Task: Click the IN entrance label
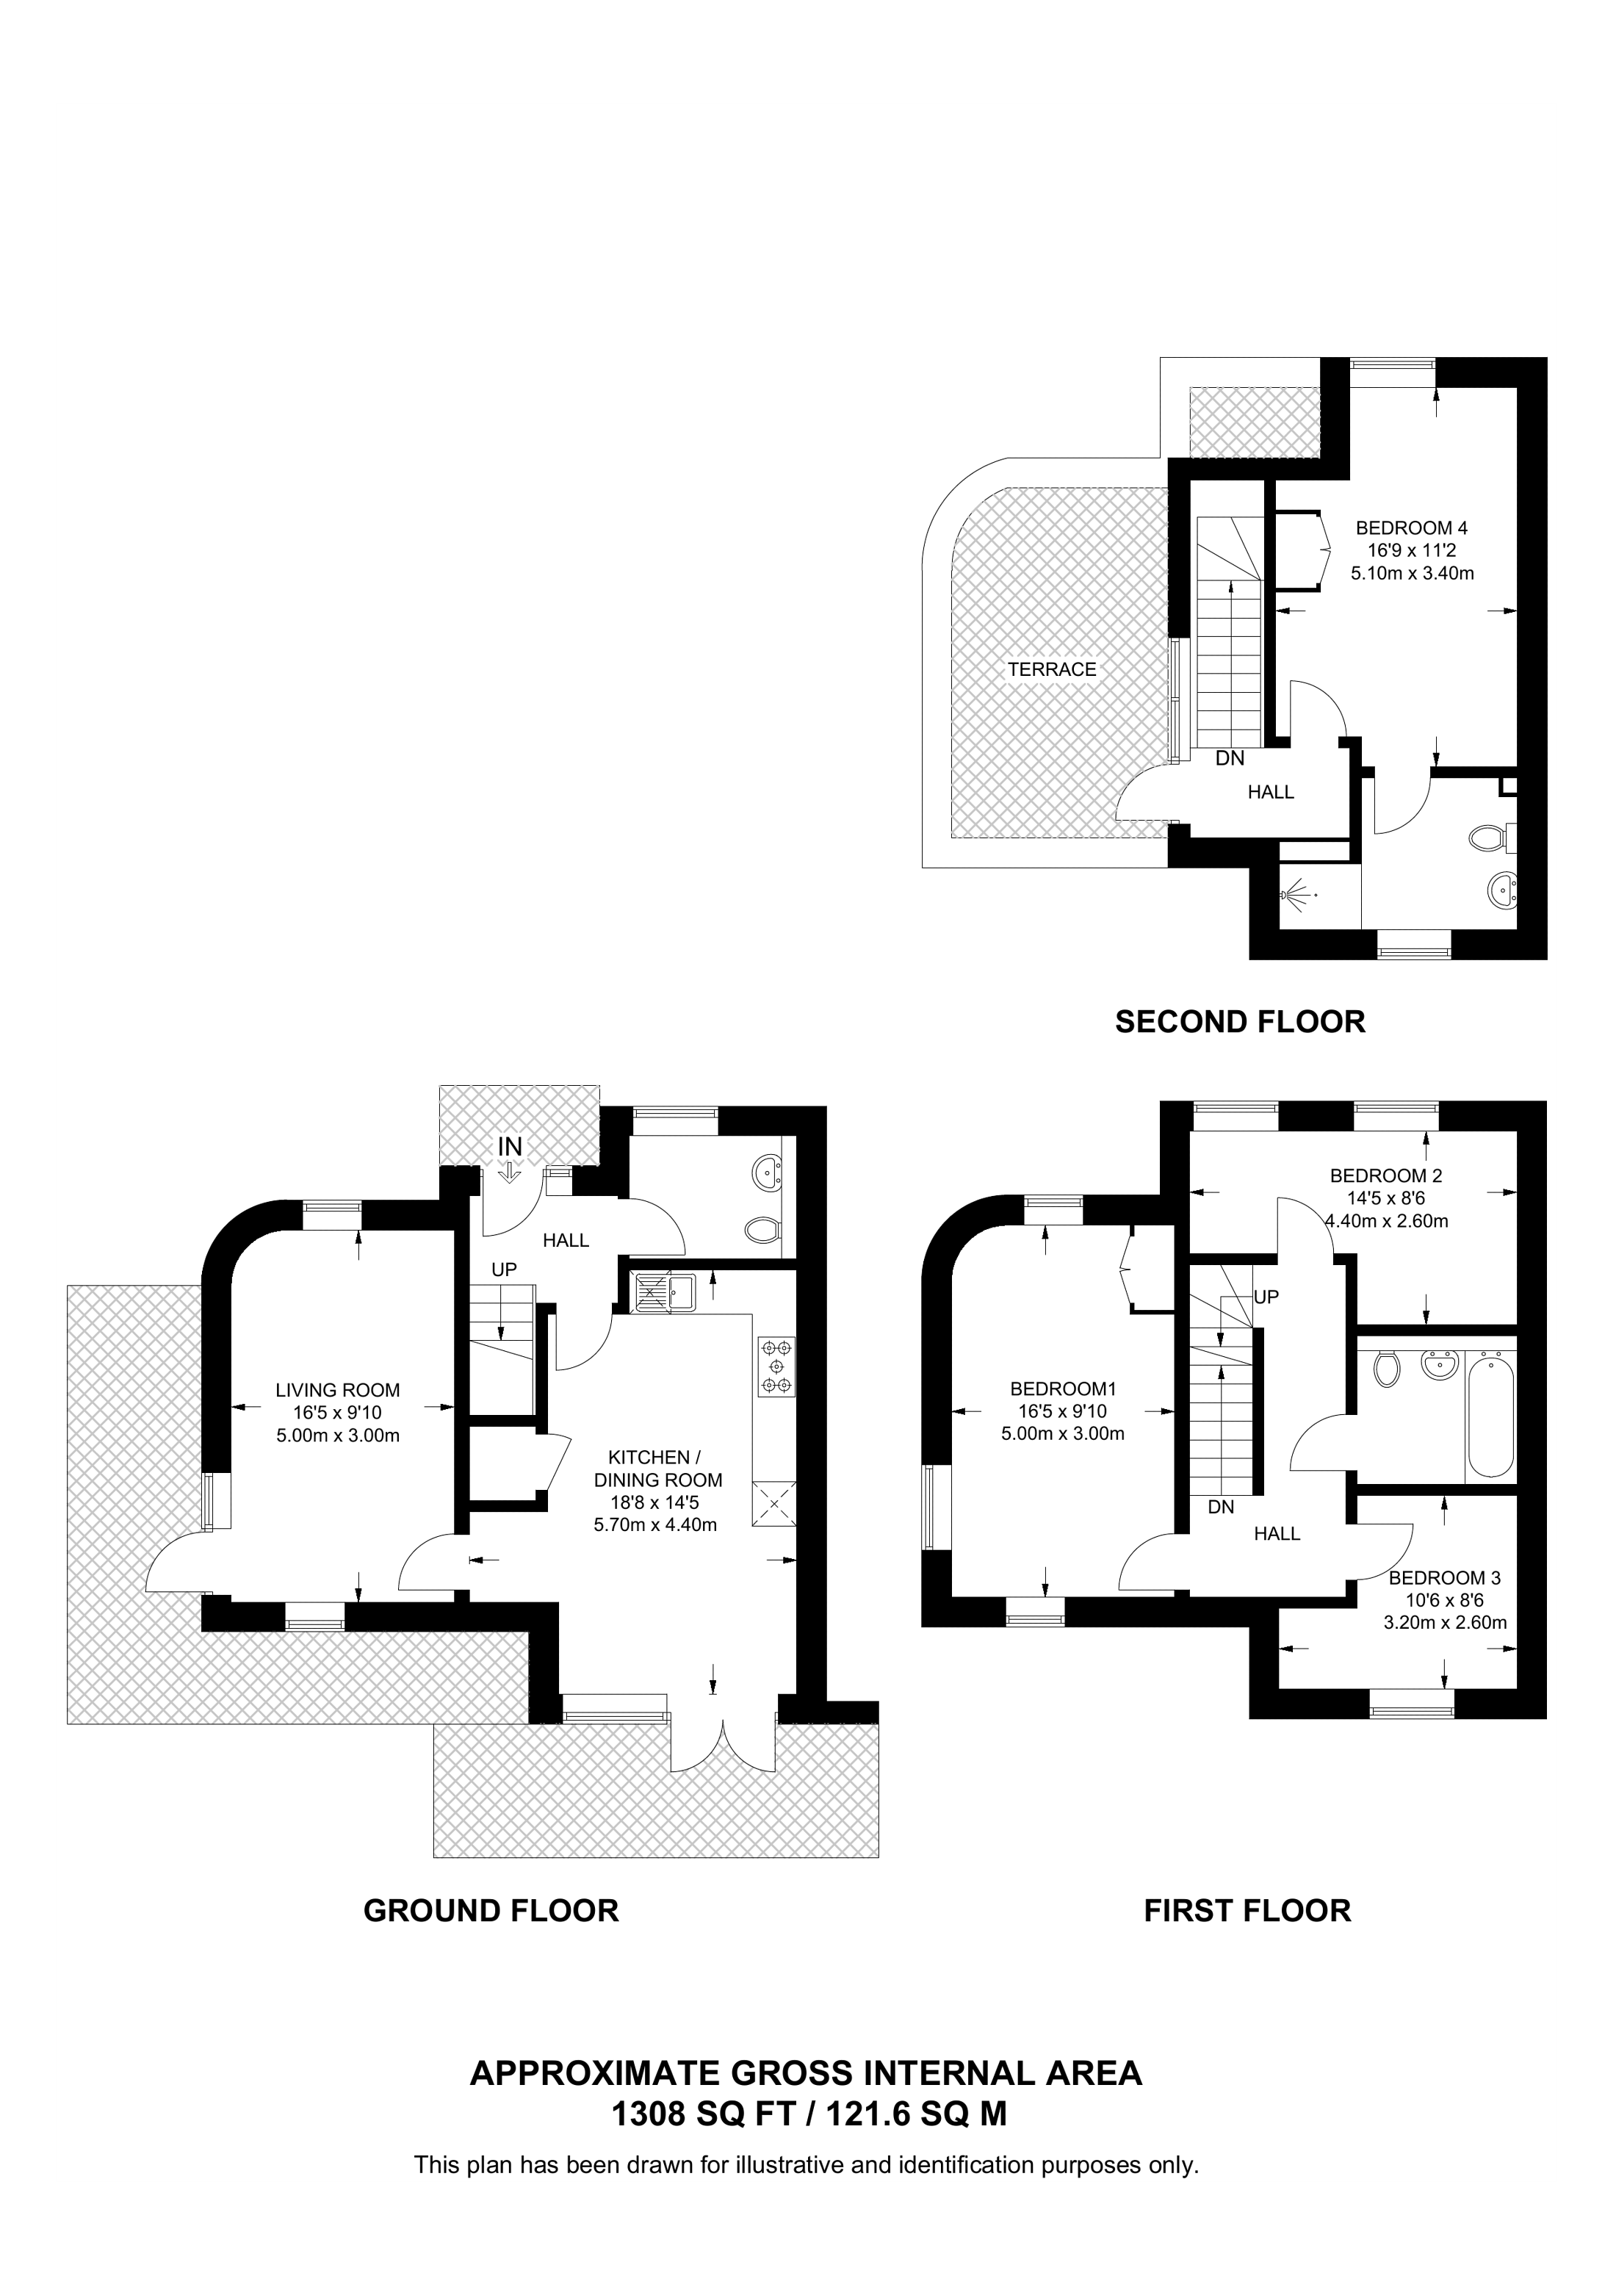pos(510,1147)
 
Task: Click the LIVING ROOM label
pos(338,1391)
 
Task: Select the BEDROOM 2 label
pos(1386,1175)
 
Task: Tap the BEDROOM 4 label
pos(1412,528)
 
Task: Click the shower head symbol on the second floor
pos(1294,896)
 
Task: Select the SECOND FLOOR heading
pos(1240,1021)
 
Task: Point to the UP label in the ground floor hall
pos(504,1271)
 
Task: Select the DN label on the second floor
pos(1230,758)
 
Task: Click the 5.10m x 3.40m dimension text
pos(1412,573)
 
